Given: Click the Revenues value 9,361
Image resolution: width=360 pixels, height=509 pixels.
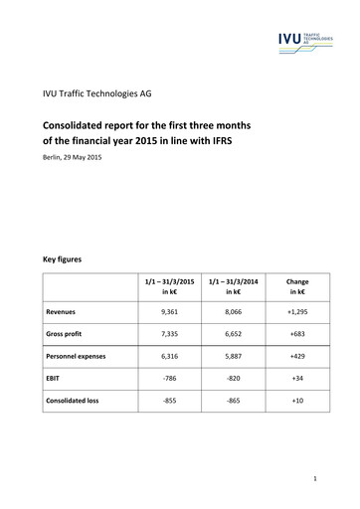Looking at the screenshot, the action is click(169, 311).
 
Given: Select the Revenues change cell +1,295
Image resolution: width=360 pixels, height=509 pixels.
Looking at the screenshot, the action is click(296, 311).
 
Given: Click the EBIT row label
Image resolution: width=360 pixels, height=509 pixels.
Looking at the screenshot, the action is click(56, 379).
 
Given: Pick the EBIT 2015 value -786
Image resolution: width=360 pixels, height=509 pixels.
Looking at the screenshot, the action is click(169, 379).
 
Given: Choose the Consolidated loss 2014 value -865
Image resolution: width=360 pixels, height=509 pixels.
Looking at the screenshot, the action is click(234, 401).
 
